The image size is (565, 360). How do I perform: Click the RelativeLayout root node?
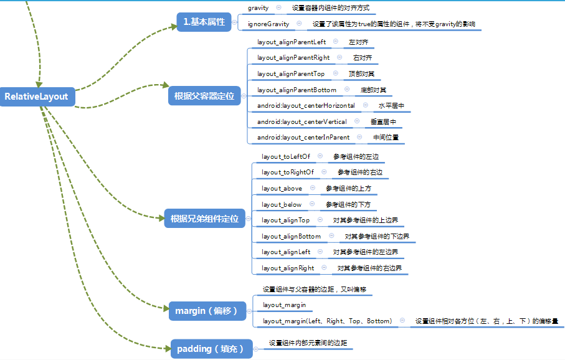pos(36,97)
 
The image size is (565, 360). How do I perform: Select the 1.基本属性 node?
pos(204,22)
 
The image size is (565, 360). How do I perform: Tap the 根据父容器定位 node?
pos(204,96)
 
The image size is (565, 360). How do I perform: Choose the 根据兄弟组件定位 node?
pos(204,219)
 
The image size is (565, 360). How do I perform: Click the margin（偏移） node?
pos(206,310)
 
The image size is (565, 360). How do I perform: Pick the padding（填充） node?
pos(211,349)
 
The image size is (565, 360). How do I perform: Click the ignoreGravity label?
pos(268,24)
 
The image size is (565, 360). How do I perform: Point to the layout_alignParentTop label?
pos(291,73)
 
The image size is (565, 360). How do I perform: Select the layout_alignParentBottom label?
pos(297,90)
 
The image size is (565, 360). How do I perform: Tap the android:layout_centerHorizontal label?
pos(306,106)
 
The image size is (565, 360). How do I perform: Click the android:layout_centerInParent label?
pos(303,137)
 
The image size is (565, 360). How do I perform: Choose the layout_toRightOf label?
pos(288,172)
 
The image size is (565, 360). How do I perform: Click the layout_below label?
pos(282,204)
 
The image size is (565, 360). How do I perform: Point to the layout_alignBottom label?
pos(292,236)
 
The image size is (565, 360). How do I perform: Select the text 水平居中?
pos(391,106)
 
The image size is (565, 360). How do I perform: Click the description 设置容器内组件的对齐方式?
pos(330,8)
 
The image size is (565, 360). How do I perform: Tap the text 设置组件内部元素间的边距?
pos(308,343)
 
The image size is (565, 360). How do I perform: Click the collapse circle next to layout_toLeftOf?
pos(320,156)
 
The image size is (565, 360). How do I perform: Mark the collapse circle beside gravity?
pos(278,7)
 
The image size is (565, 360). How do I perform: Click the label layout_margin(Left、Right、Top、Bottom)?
pos(327,321)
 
